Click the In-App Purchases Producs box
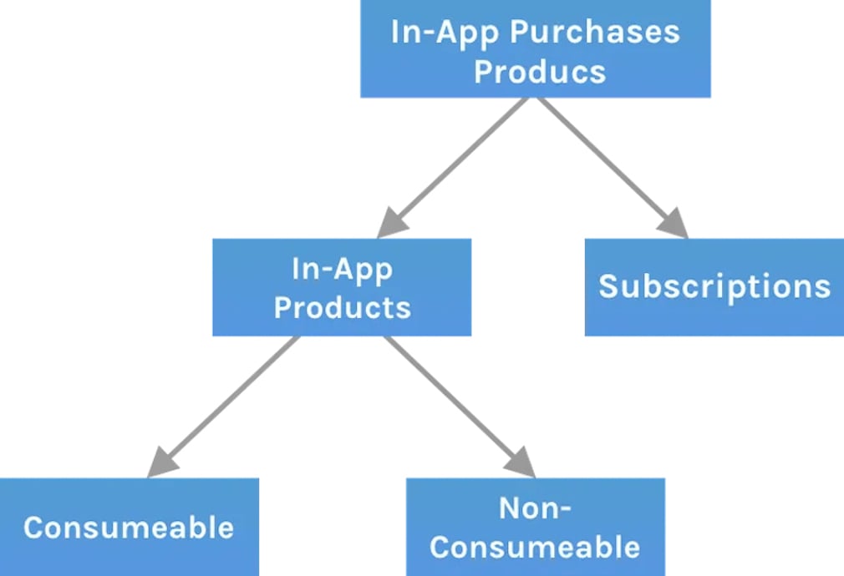click(x=535, y=50)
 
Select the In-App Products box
click(x=342, y=287)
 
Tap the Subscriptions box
click(x=714, y=287)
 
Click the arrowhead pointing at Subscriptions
click(x=674, y=224)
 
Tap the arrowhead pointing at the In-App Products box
click(x=391, y=224)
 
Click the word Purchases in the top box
click(x=595, y=33)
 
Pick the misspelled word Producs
click(x=540, y=72)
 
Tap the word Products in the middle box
click(x=343, y=307)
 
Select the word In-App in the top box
click(x=445, y=33)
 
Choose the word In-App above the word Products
click(x=343, y=268)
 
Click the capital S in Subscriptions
click(x=609, y=286)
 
